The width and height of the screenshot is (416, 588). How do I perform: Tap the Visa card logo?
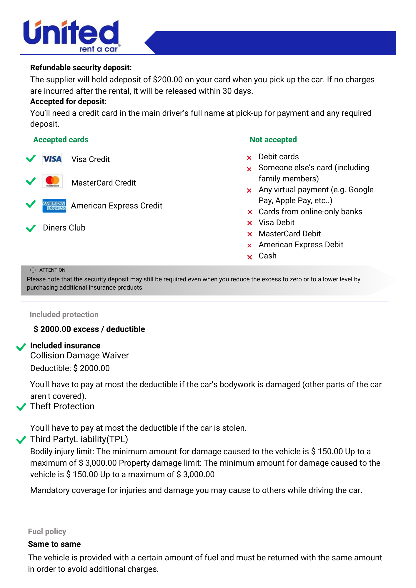pos(52,159)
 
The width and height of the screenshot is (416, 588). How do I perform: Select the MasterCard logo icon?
pos(52,181)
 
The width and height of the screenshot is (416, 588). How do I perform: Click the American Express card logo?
pos(54,206)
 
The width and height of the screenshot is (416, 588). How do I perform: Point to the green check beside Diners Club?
pos(31,228)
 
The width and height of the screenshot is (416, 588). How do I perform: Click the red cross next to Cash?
pos(249,257)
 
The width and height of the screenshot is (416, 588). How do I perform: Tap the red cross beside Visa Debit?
pos(249,223)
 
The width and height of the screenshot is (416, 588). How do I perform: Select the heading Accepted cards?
pos(61,140)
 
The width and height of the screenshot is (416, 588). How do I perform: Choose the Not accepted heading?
pos(273,140)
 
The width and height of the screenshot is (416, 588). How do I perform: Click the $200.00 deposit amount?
pos(168,80)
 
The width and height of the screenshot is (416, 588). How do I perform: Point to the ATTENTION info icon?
pos(33,270)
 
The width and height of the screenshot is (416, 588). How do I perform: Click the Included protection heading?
pos(64,315)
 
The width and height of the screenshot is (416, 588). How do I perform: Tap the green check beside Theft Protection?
pos(21,407)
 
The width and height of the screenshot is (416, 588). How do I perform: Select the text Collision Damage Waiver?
pos(79,355)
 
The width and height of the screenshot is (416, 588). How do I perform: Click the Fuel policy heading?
pos(47,532)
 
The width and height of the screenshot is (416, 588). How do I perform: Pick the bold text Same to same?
pos(54,544)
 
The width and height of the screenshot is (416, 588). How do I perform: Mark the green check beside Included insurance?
pos(21,347)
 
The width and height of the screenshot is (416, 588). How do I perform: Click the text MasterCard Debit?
pos(289,234)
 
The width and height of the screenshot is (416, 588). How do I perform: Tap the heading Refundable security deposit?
pos(81,68)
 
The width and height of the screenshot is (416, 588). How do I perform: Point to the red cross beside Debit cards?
pos(249,158)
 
